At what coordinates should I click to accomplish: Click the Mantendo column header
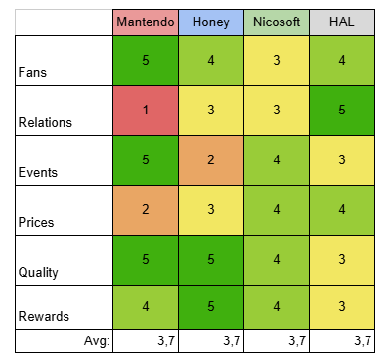146,22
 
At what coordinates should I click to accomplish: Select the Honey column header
211,22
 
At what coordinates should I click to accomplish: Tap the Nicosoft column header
277,22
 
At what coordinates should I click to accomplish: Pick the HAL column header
342,22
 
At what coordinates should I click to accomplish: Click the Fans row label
32,72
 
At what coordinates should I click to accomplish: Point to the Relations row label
45,122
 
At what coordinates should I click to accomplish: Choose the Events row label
38,172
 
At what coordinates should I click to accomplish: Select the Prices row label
36,222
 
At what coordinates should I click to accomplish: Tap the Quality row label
38,273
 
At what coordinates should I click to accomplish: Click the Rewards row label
44,316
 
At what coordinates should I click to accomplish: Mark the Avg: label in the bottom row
97,341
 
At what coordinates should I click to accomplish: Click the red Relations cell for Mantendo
146,111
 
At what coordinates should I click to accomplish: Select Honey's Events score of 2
211,160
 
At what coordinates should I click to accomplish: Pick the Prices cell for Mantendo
146,210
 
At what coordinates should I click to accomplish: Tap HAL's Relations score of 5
342,111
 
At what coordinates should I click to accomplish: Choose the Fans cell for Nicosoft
277,61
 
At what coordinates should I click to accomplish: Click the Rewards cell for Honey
211,307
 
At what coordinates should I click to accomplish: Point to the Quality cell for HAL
342,260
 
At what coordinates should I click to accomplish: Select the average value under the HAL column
363,341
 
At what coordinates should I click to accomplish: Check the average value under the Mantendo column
166,341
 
